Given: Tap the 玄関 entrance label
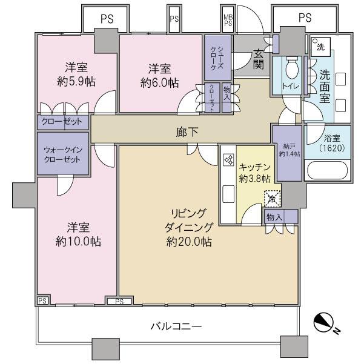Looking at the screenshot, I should pyautogui.click(x=257, y=59).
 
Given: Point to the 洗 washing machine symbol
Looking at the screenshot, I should pyautogui.click(x=318, y=47).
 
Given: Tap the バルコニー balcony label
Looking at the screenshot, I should pyautogui.click(x=176, y=327).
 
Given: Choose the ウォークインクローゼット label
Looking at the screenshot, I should pyautogui.click(x=62, y=156).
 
